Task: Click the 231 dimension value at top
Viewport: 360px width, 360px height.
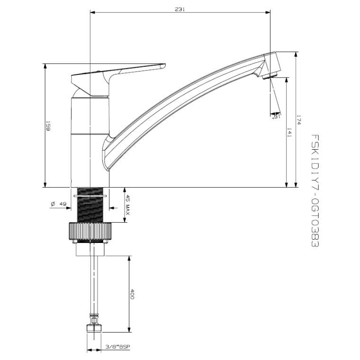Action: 180,9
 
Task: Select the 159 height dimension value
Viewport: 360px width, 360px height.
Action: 48,126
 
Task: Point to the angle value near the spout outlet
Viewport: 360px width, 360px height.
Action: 277,116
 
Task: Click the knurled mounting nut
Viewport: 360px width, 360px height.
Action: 90,232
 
